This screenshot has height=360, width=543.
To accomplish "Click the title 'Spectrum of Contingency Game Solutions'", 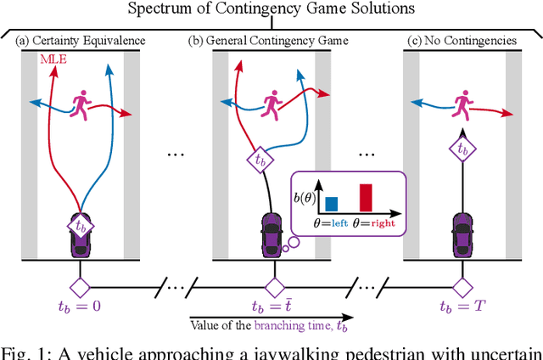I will (x=271, y=11).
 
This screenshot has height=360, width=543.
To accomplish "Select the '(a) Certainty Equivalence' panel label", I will (x=80, y=41).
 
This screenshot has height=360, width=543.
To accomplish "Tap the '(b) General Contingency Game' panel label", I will (x=271, y=41).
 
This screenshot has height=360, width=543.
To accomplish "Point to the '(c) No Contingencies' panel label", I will (x=463, y=41).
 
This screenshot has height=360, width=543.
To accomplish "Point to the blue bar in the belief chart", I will (x=330, y=202).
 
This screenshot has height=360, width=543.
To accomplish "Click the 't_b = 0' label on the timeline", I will (x=81, y=306).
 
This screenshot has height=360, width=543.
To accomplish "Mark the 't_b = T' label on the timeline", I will (x=463, y=306).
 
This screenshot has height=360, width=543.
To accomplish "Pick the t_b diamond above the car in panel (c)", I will (x=463, y=147).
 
